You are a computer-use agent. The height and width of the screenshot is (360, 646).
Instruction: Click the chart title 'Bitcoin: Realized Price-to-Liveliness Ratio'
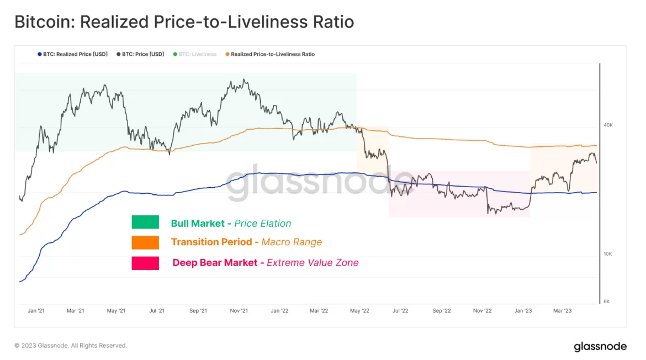184,22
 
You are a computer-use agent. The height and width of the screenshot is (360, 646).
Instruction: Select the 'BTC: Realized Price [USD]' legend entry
72,54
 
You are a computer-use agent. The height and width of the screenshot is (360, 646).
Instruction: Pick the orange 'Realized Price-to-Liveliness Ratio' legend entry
270,54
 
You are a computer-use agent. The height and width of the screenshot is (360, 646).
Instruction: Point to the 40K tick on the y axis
608,125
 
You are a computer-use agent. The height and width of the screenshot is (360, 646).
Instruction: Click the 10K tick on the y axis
607,254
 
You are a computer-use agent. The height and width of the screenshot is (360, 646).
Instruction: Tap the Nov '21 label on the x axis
238,311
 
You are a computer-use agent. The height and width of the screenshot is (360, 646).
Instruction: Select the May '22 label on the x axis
359,311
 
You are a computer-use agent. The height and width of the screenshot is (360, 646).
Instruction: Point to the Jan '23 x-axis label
523,311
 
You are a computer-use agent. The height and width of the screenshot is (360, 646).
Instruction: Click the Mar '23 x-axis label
562,311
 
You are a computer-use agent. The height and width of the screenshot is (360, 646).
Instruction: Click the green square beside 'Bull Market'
145,222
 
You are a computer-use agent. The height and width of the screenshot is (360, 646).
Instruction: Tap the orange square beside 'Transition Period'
145,242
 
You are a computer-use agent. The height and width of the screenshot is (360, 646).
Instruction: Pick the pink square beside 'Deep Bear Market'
145,263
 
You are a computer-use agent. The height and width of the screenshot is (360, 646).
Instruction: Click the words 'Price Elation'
262,224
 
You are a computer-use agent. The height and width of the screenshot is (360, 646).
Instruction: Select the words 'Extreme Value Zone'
313,263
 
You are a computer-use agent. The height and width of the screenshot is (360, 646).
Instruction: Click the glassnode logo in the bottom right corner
600,347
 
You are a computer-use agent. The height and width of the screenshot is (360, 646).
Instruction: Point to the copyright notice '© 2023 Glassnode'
71,346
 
